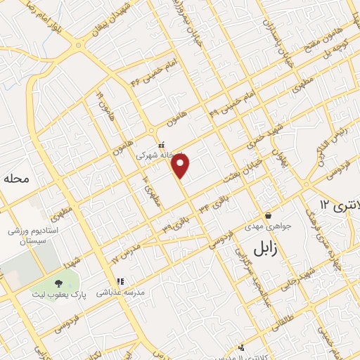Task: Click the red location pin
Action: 181,165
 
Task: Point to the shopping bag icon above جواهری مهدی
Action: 268,215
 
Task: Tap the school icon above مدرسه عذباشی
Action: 120,281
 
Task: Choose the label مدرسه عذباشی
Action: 120,291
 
